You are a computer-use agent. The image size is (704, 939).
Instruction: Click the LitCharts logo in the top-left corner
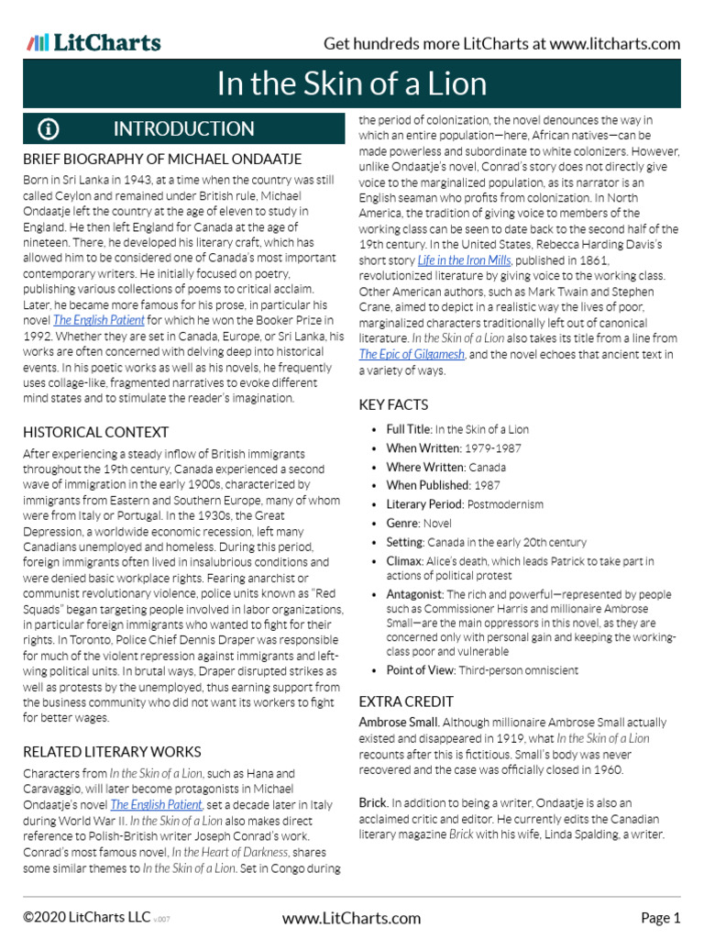93,42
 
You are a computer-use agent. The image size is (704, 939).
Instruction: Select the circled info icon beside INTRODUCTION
49,129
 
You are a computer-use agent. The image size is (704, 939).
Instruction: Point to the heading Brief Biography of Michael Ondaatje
162,160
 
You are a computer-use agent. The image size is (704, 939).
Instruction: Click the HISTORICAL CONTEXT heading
96,432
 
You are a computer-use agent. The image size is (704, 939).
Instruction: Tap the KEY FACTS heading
393,404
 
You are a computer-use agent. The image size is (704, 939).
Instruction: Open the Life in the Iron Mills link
464,261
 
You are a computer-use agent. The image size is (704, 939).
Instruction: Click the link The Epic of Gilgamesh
412,354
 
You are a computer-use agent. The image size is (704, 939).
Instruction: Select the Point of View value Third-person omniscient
520,670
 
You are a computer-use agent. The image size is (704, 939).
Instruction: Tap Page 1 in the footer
660,918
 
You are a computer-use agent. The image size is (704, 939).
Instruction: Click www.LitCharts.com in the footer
351,918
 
